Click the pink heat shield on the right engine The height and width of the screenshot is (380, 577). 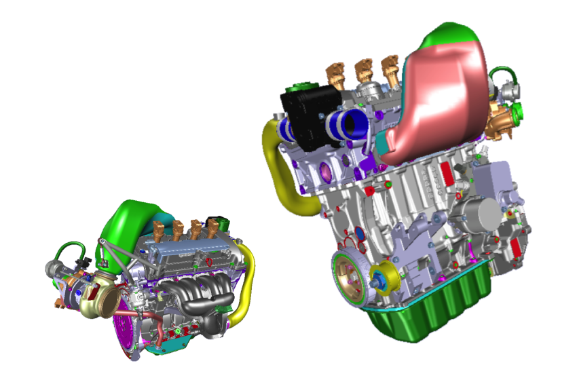click(x=441, y=102)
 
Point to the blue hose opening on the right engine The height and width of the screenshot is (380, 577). click(x=353, y=126)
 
